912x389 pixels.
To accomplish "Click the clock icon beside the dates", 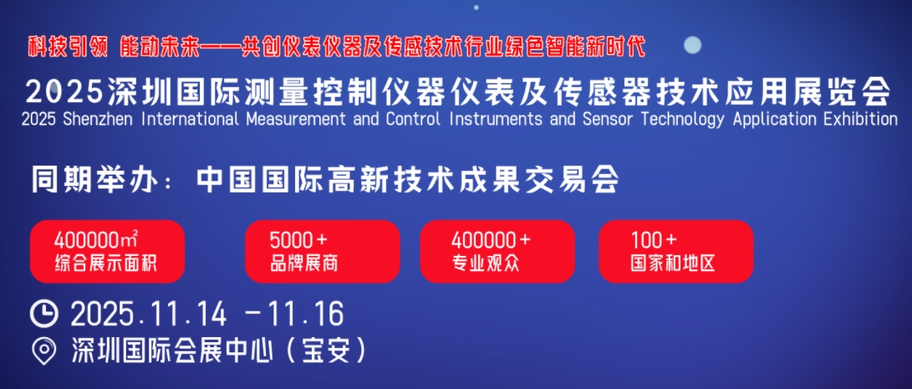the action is click(x=44, y=314).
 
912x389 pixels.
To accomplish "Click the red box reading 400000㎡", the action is click(x=108, y=252).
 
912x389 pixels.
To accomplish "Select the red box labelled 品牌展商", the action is click(x=322, y=252).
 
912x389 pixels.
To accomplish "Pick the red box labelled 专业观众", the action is click(x=497, y=252).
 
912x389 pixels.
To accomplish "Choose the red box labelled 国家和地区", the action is click(x=676, y=252).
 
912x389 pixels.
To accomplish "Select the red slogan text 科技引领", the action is click(x=68, y=47).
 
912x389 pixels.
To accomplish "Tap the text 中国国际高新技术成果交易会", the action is click(x=407, y=182).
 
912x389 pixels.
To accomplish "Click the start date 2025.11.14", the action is click(x=149, y=315).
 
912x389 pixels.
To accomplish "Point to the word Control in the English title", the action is click(x=412, y=120).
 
